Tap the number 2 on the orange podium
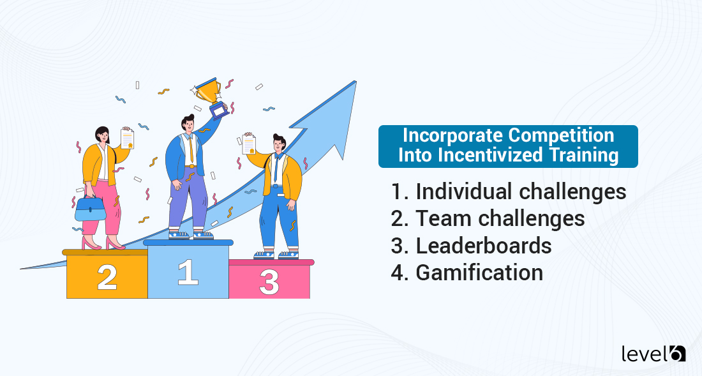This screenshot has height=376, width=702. tap(107, 276)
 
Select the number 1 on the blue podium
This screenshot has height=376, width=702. tap(188, 271)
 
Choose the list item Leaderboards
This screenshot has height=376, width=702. tap(483, 245)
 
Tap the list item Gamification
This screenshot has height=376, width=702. tap(479, 273)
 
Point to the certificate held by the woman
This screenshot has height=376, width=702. tap(128, 138)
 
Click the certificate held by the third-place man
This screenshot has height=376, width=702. tap(249, 145)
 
